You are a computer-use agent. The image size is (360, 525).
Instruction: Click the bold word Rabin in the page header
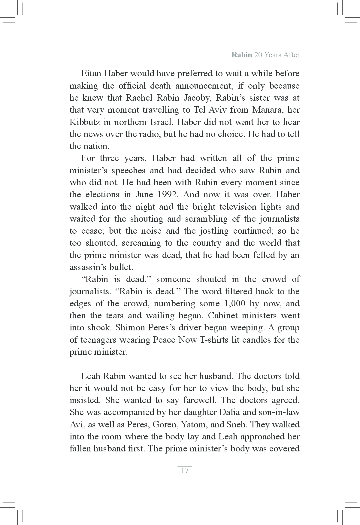(x=241, y=55)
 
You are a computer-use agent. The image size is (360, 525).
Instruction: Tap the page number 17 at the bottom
(x=185, y=470)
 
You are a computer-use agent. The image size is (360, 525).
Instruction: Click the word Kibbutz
(x=84, y=122)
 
